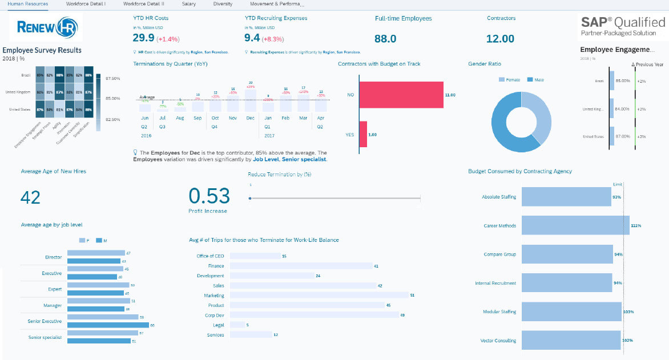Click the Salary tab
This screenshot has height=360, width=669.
point(188,4)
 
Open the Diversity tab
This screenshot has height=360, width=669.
point(223,4)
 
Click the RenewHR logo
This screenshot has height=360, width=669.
point(46,27)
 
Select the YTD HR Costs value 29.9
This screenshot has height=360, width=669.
point(143,38)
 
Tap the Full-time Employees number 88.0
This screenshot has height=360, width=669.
point(385,39)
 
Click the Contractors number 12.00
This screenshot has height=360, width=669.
point(500,39)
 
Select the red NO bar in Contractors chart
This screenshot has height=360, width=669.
point(401,95)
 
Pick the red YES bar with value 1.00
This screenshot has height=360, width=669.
point(363,135)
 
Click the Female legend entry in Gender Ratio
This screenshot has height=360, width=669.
point(509,80)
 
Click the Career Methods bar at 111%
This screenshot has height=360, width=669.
point(576,226)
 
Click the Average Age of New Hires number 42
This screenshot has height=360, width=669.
point(30,197)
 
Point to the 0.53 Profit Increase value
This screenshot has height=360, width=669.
point(209,196)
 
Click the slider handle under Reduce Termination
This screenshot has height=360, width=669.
point(250,198)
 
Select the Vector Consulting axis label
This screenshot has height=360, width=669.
point(498,341)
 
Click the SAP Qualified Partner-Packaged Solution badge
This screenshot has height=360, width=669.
point(623,27)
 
